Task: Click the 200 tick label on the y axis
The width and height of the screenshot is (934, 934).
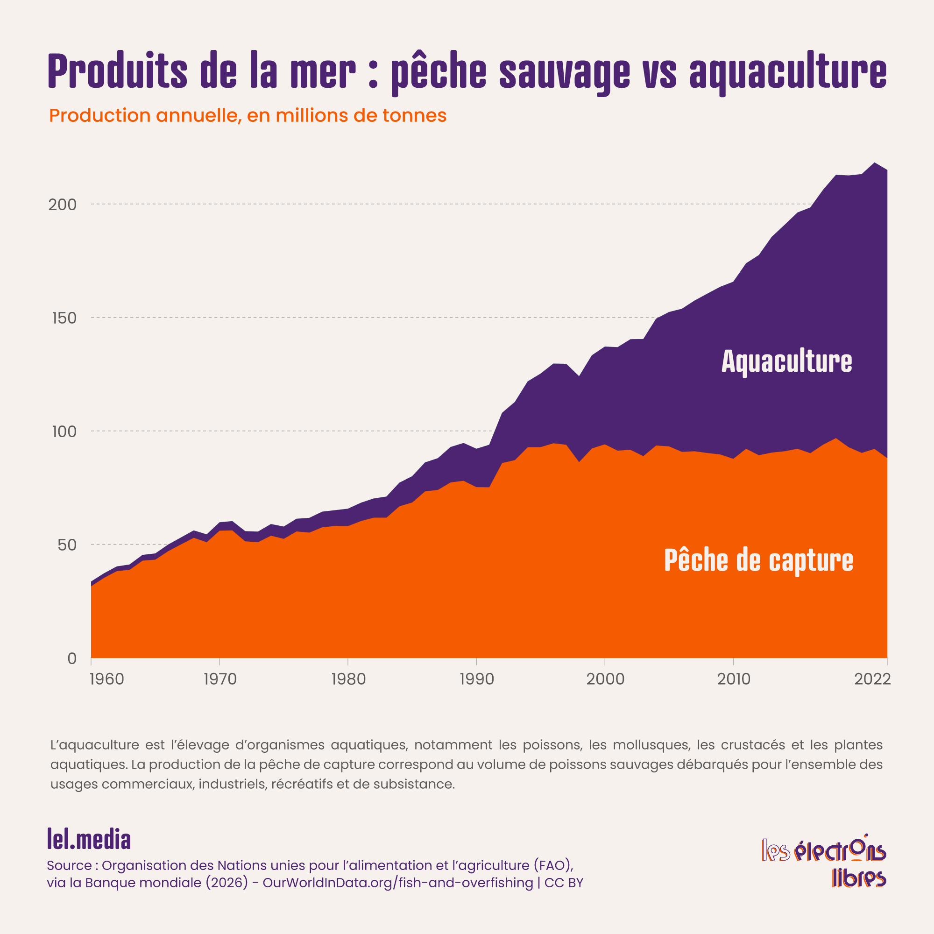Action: tap(63, 205)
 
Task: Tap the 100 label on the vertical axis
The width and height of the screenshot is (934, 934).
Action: tap(64, 431)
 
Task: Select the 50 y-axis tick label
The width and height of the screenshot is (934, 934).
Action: tap(67, 545)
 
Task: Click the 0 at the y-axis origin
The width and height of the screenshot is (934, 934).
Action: tap(72, 658)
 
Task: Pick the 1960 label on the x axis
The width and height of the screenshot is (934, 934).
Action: tap(107, 679)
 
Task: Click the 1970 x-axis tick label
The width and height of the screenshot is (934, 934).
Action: tap(220, 679)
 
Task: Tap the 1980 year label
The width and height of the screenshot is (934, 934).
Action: tap(348, 679)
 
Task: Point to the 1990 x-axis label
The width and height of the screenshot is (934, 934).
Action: tap(477, 679)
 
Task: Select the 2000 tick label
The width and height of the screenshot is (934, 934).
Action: tap(605, 679)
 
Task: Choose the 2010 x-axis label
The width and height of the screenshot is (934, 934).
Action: tap(733, 679)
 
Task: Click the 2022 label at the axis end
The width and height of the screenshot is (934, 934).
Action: tap(872, 679)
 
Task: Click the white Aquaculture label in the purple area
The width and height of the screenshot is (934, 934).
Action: tap(786, 361)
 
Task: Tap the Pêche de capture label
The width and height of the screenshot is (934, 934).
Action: tap(758, 560)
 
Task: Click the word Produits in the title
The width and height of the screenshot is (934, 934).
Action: tap(118, 71)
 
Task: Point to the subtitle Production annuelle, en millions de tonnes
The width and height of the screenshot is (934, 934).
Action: tap(248, 115)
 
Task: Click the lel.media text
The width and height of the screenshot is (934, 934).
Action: tap(89, 839)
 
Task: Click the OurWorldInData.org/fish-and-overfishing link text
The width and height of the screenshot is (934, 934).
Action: tap(397, 883)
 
